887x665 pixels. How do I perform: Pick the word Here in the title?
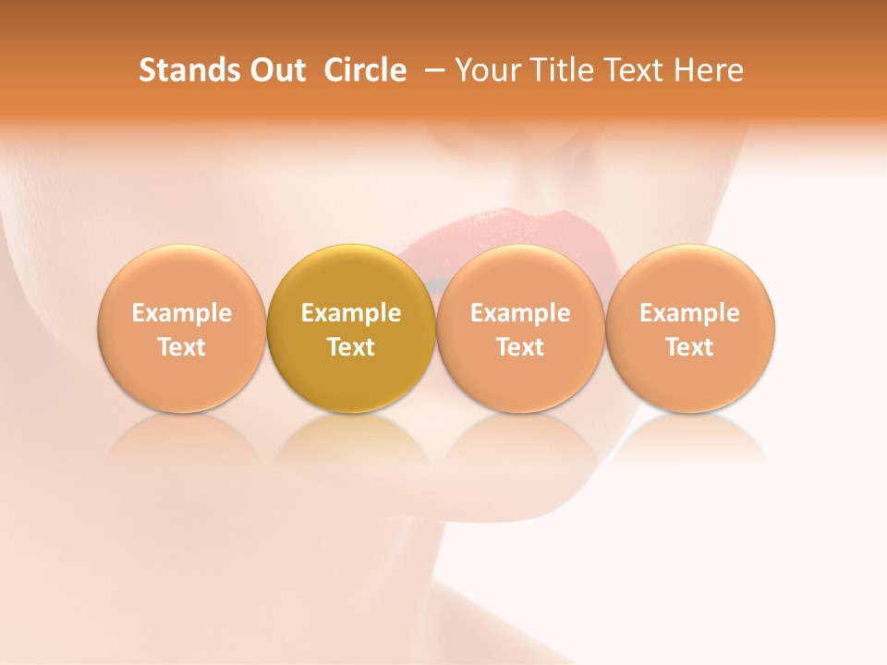[x=709, y=70]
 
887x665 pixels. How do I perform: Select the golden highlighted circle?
[x=351, y=328]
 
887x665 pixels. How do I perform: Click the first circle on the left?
[x=182, y=328]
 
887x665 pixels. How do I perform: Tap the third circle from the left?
[x=520, y=328]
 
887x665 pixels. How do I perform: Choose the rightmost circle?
[x=690, y=328]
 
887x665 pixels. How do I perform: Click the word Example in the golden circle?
[x=351, y=313]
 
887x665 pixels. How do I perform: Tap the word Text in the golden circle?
[x=351, y=347]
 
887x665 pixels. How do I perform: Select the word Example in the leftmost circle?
[x=182, y=313]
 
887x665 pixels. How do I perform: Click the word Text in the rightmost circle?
[x=690, y=347]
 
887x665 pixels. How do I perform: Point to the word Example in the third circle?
[x=520, y=313]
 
